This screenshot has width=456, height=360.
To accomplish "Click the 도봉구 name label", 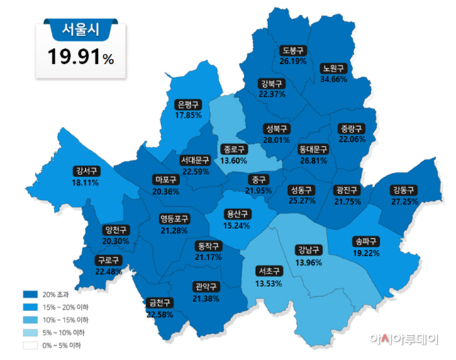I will pos(292,51).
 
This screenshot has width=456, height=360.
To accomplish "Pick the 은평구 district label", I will pos(189,104).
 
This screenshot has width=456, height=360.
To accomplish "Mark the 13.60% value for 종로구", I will pos(234,160).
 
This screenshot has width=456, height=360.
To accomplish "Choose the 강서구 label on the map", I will pos(86,171).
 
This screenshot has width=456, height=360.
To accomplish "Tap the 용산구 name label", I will pos(237,214).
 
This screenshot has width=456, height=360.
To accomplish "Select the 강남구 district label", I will pos(308,250).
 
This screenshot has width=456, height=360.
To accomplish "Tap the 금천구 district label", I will pos(160,303).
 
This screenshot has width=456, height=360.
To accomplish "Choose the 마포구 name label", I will pos(166,179).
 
